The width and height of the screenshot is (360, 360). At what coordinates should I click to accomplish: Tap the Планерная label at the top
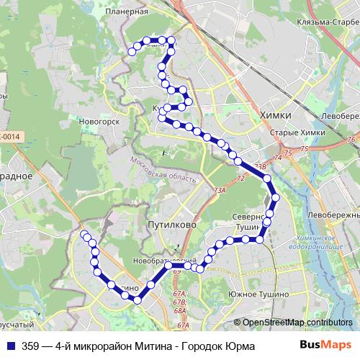pyautogui.click(x=126, y=12)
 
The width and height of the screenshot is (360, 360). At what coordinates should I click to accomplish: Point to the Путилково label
pyautogui.click(x=171, y=225)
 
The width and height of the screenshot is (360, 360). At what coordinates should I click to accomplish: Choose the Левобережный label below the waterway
pyautogui.click(x=332, y=215)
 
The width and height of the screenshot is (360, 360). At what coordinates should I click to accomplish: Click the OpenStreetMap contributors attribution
pyautogui.click(x=296, y=323)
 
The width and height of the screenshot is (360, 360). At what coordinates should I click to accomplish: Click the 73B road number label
pyautogui.click(x=260, y=166)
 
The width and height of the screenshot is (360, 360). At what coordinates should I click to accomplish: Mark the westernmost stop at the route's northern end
pyautogui.click(x=132, y=50)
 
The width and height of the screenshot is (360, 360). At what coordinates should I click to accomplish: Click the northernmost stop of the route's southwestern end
pyautogui.click(x=85, y=235)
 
